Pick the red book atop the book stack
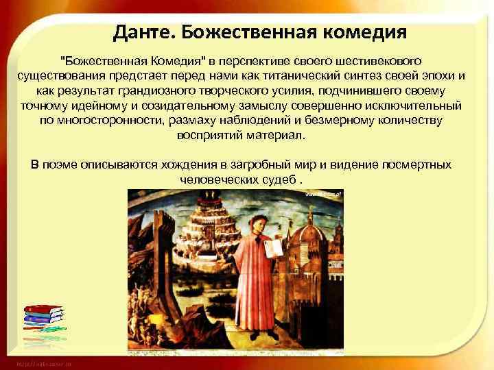point(42,308)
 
